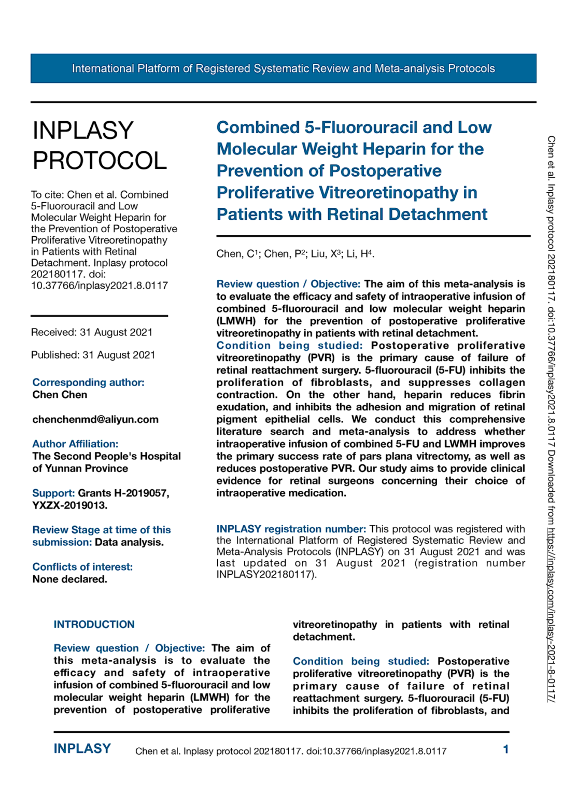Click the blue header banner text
(283, 68)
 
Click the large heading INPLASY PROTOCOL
(99, 146)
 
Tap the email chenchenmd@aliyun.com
(95, 419)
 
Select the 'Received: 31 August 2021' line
(92, 332)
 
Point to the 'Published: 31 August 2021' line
(93, 355)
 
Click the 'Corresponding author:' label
(88, 382)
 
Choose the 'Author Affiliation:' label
(75, 444)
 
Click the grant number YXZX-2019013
(69, 505)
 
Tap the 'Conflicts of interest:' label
(82, 567)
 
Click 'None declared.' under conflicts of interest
(69, 579)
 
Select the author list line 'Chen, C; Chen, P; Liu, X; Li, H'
(295, 254)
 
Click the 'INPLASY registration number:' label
(291, 529)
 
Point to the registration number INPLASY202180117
(264, 575)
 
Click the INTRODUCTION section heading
(94, 624)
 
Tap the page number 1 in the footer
(505, 749)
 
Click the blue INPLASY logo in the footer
(82, 749)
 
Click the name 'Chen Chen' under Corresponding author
(60, 395)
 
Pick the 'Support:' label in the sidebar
(53, 493)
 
